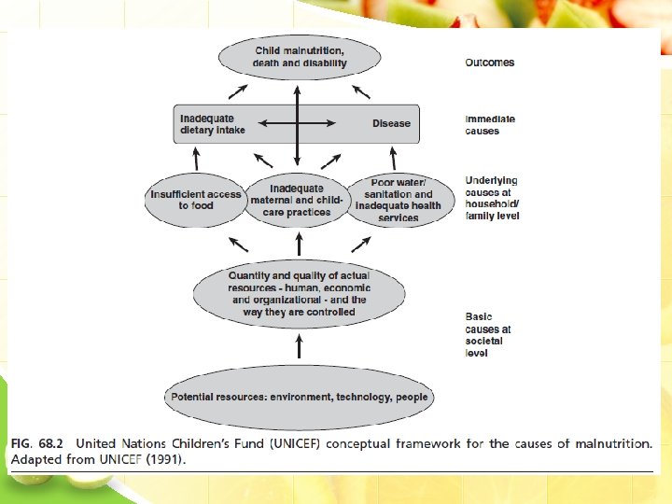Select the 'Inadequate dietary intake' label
coord(212,124)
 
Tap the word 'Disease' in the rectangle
coord(391,123)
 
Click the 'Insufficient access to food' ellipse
coord(196,200)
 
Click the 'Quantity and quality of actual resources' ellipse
coord(299,294)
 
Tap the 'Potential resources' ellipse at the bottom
coord(299,397)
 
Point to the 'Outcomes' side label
coord(489,63)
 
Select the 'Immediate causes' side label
coord(490,125)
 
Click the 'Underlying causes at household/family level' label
coord(492,198)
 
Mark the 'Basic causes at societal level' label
coord(488,335)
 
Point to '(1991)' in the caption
coord(166,459)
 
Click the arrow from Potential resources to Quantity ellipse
coord(299,347)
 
